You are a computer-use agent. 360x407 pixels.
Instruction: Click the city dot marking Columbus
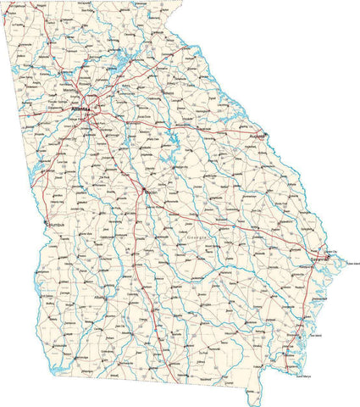pos(46,224)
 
